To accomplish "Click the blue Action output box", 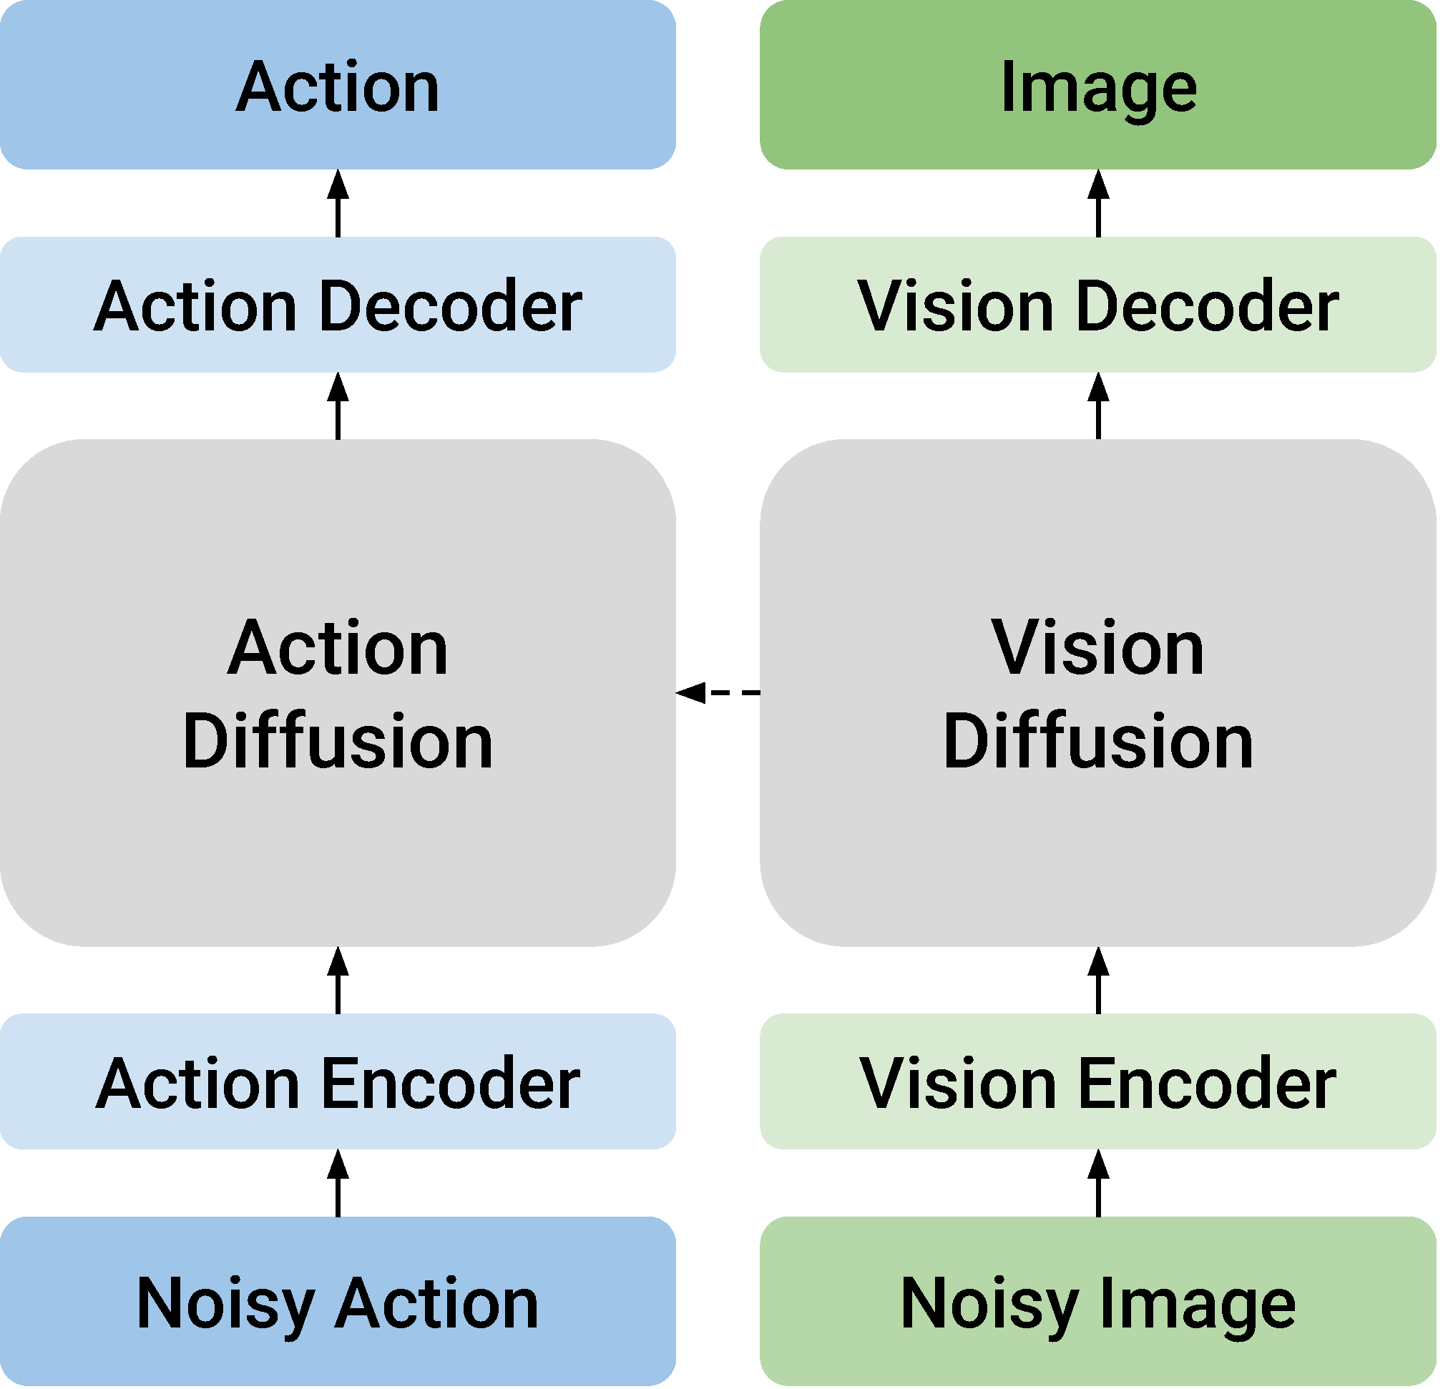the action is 338,84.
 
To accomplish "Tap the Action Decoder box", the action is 338,305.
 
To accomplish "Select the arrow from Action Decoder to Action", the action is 338,204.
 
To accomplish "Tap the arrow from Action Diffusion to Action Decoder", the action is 338,406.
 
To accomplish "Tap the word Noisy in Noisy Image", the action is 990,1307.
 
